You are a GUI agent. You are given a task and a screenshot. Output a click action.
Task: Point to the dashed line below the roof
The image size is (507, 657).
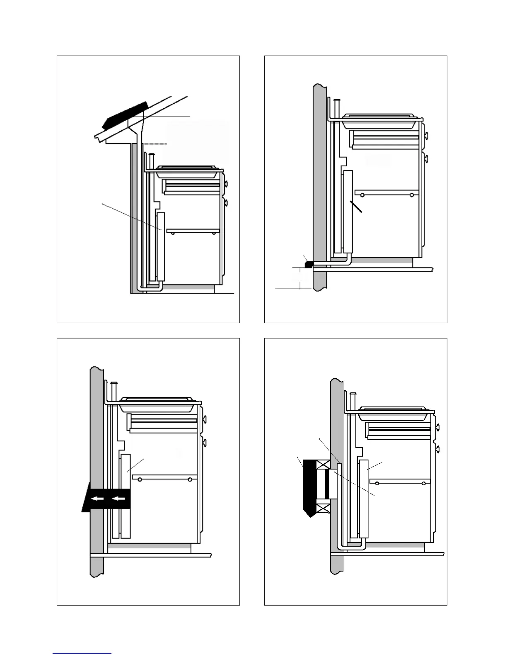(x=155, y=144)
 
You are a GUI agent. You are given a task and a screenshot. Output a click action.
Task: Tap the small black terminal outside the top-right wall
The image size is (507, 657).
(x=308, y=264)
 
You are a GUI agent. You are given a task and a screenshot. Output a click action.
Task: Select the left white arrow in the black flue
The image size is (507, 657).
(x=98, y=499)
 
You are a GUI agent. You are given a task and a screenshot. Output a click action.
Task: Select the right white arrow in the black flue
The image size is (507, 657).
(x=118, y=499)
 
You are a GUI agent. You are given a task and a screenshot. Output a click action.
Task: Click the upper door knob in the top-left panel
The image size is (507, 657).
(x=226, y=183)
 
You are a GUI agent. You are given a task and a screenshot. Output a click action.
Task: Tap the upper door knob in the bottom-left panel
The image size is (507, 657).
(x=204, y=419)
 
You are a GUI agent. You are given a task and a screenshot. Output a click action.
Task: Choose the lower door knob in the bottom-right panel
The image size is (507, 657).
(x=437, y=449)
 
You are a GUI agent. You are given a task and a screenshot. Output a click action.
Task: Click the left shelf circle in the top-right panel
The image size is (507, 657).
(x=362, y=195)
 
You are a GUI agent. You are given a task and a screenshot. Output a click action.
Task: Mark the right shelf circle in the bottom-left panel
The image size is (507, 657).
(x=190, y=480)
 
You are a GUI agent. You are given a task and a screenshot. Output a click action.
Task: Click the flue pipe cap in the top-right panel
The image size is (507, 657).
(x=337, y=100)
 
